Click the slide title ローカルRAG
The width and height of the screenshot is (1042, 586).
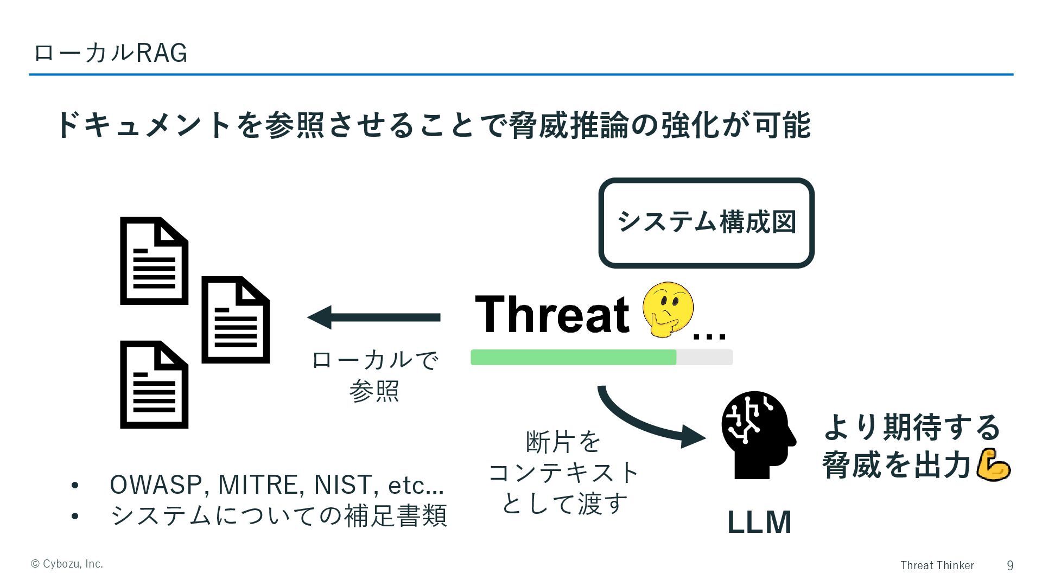110,53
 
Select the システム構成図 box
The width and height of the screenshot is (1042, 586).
706,223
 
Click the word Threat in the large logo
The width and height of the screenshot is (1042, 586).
552,314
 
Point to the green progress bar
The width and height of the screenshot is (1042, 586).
573,358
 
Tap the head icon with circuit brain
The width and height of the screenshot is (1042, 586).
757,434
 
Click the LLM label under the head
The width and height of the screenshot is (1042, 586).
759,522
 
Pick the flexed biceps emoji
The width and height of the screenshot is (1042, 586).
993,464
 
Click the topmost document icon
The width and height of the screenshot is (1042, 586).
154,261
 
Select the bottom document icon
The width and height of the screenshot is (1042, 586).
154,385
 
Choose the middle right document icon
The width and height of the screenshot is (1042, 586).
236,320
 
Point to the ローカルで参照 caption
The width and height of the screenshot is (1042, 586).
374,375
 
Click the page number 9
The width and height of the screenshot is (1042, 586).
1009,565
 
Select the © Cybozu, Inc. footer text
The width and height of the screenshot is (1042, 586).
67,564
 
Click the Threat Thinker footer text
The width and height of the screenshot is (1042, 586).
937,565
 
